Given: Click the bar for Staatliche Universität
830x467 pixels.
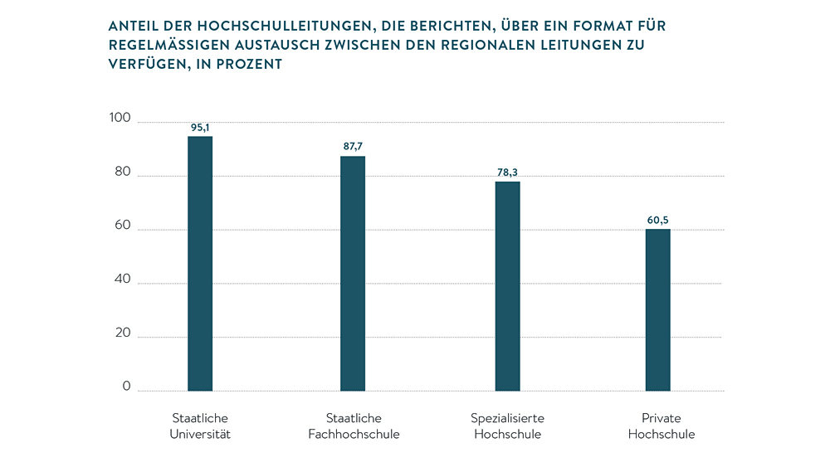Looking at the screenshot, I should [x=200, y=264].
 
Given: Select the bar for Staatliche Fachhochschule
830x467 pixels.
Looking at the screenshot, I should [x=353, y=274].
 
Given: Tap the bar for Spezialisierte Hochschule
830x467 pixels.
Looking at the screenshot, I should [x=508, y=286].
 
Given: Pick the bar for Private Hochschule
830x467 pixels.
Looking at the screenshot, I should [x=658, y=310].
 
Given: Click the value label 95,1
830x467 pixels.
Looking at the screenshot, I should [x=200, y=128].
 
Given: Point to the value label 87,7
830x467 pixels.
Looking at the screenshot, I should [x=353, y=147].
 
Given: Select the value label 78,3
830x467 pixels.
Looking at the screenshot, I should [x=508, y=173].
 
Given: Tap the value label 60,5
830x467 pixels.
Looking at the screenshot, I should [x=658, y=221].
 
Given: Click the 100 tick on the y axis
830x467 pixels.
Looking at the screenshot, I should [x=120, y=119].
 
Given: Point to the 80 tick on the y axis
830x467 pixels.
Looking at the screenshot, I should [x=122, y=173].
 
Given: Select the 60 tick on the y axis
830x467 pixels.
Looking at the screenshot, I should [x=122, y=226].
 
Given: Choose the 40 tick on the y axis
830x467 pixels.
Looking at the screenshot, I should [x=122, y=280].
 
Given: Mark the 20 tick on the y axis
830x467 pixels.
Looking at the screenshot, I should [x=122, y=333].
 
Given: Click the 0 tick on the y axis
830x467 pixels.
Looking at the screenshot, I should [x=126, y=387].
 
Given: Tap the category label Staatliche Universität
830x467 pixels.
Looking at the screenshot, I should [x=200, y=426].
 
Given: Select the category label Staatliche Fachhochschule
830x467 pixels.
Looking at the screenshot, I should [x=354, y=426].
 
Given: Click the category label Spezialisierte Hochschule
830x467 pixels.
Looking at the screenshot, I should [x=508, y=426].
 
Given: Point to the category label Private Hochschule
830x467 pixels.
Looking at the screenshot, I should [x=662, y=426].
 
